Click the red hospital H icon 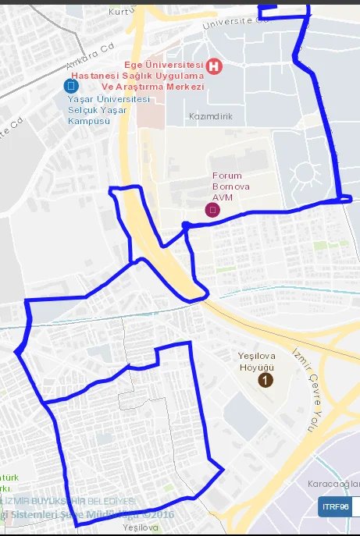[213, 67]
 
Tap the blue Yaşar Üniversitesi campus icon [71, 85]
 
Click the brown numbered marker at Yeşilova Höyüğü [266, 380]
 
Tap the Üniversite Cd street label [234, 23]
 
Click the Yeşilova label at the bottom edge [141, 528]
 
